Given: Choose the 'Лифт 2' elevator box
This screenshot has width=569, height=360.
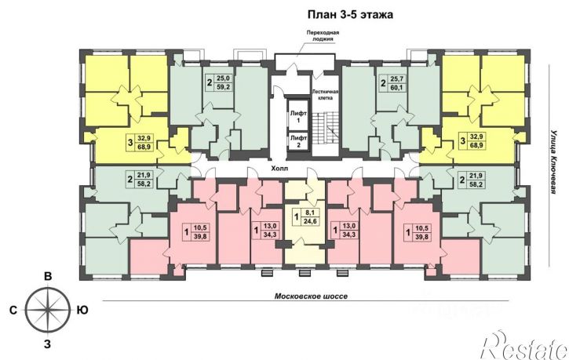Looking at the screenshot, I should tap(298, 140).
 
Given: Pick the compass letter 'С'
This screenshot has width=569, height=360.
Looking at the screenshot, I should tap(13, 310).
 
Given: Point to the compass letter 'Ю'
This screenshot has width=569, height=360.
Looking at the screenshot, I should tap(82, 310).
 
